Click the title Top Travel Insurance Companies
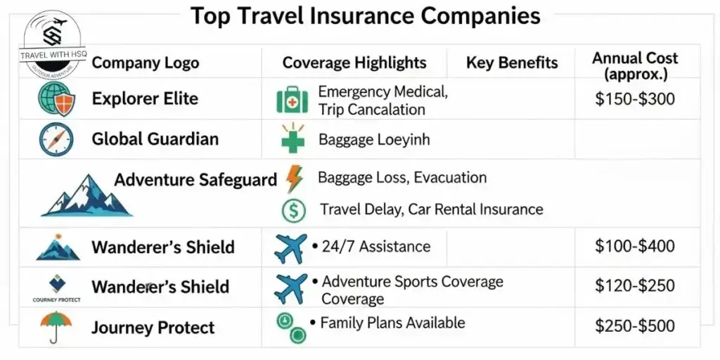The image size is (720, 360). pos(366,16)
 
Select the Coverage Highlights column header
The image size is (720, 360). pos(354,63)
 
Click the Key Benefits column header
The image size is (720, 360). pos(512,63)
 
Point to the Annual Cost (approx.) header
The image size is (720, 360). pos(636,65)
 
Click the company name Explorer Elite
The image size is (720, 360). pos(145,98)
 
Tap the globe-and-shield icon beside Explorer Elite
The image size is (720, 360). pos(56,99)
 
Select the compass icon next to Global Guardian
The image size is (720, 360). pos(56,139)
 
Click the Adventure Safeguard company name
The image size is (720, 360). pos(195,179)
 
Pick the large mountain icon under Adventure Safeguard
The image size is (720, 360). pos(86,195)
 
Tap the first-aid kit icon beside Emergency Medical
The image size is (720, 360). pos(292,101)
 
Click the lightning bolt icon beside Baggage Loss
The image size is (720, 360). pos(294,178)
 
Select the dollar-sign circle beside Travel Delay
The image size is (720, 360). pos(293,210)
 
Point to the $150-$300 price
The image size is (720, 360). pos(634,99)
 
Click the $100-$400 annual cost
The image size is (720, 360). pos(634,246)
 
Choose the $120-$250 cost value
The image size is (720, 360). pos(634,285)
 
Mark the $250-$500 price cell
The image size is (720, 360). pos(634,326)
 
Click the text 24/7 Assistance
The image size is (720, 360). pos(375,246)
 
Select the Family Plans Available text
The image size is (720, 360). pos(392,323)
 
